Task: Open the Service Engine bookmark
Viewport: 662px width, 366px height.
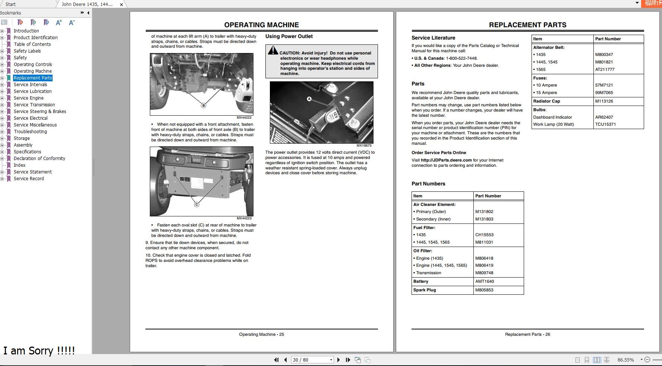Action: [x=28, y=98]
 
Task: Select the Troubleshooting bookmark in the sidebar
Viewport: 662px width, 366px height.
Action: [x=30, y=132]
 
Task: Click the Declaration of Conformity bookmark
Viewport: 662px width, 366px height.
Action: [x=39, y=159]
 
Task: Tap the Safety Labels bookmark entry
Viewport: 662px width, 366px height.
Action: [x=27, y=51]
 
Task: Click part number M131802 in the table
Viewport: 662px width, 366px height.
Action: [x=484, y=212]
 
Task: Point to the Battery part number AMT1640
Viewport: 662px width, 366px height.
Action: [x=485, y=281]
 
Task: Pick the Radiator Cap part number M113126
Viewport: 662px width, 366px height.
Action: [x=604, y=101]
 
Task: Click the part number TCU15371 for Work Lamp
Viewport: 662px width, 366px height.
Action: [x=605, y=124]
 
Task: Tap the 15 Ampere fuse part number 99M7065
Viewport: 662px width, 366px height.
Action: [x=604, y=93]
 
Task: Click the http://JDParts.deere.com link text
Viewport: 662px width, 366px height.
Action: [x=446, y=160]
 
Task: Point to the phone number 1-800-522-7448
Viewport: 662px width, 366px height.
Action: [x=461, y=58]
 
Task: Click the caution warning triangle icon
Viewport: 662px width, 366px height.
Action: [x=273, y=50]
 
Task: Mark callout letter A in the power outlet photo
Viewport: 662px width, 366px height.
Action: [x=309, y=99]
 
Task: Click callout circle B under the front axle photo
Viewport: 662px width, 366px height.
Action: [x=204, y=106]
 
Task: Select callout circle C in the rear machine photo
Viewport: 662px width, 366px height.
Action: [x=196, y=204]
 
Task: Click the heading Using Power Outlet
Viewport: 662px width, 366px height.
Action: [x=289, y=36]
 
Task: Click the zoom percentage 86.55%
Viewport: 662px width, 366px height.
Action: [x=625, y=360]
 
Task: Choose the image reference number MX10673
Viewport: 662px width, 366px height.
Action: [x=364, y=146]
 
